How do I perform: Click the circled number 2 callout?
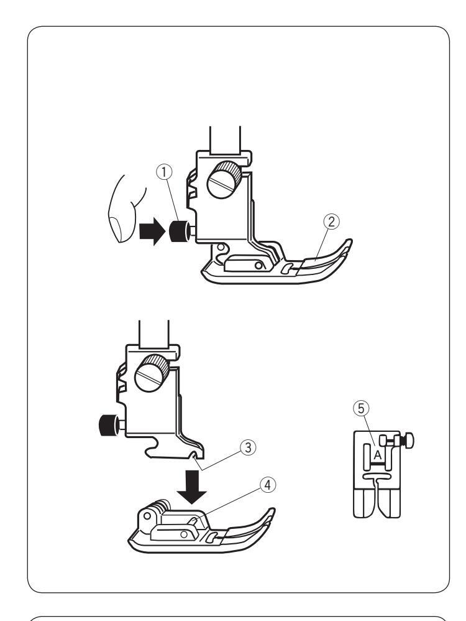tap(331, 222)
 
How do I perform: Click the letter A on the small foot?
tap(376, 455)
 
